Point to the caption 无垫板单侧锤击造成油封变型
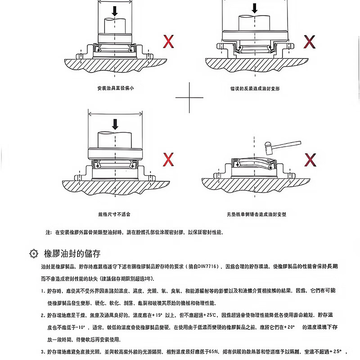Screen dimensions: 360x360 click(x=257, y=215)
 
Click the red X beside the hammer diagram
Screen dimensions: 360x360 click(x=310, y=159)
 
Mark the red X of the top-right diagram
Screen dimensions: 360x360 click(x=310, y=42)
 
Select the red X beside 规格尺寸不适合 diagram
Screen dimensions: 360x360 click(x=168, y=159)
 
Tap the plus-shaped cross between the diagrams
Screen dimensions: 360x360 click(x=189, y=97)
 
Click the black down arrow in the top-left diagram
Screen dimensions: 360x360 click(x=115, y=11)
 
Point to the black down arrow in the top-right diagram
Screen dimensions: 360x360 click(x=255, y=8)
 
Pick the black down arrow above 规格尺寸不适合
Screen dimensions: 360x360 click(x=116, y=123)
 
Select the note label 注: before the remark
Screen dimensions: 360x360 click(x=49, y=233)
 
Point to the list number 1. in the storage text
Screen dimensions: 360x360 click(x=42, y=291)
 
